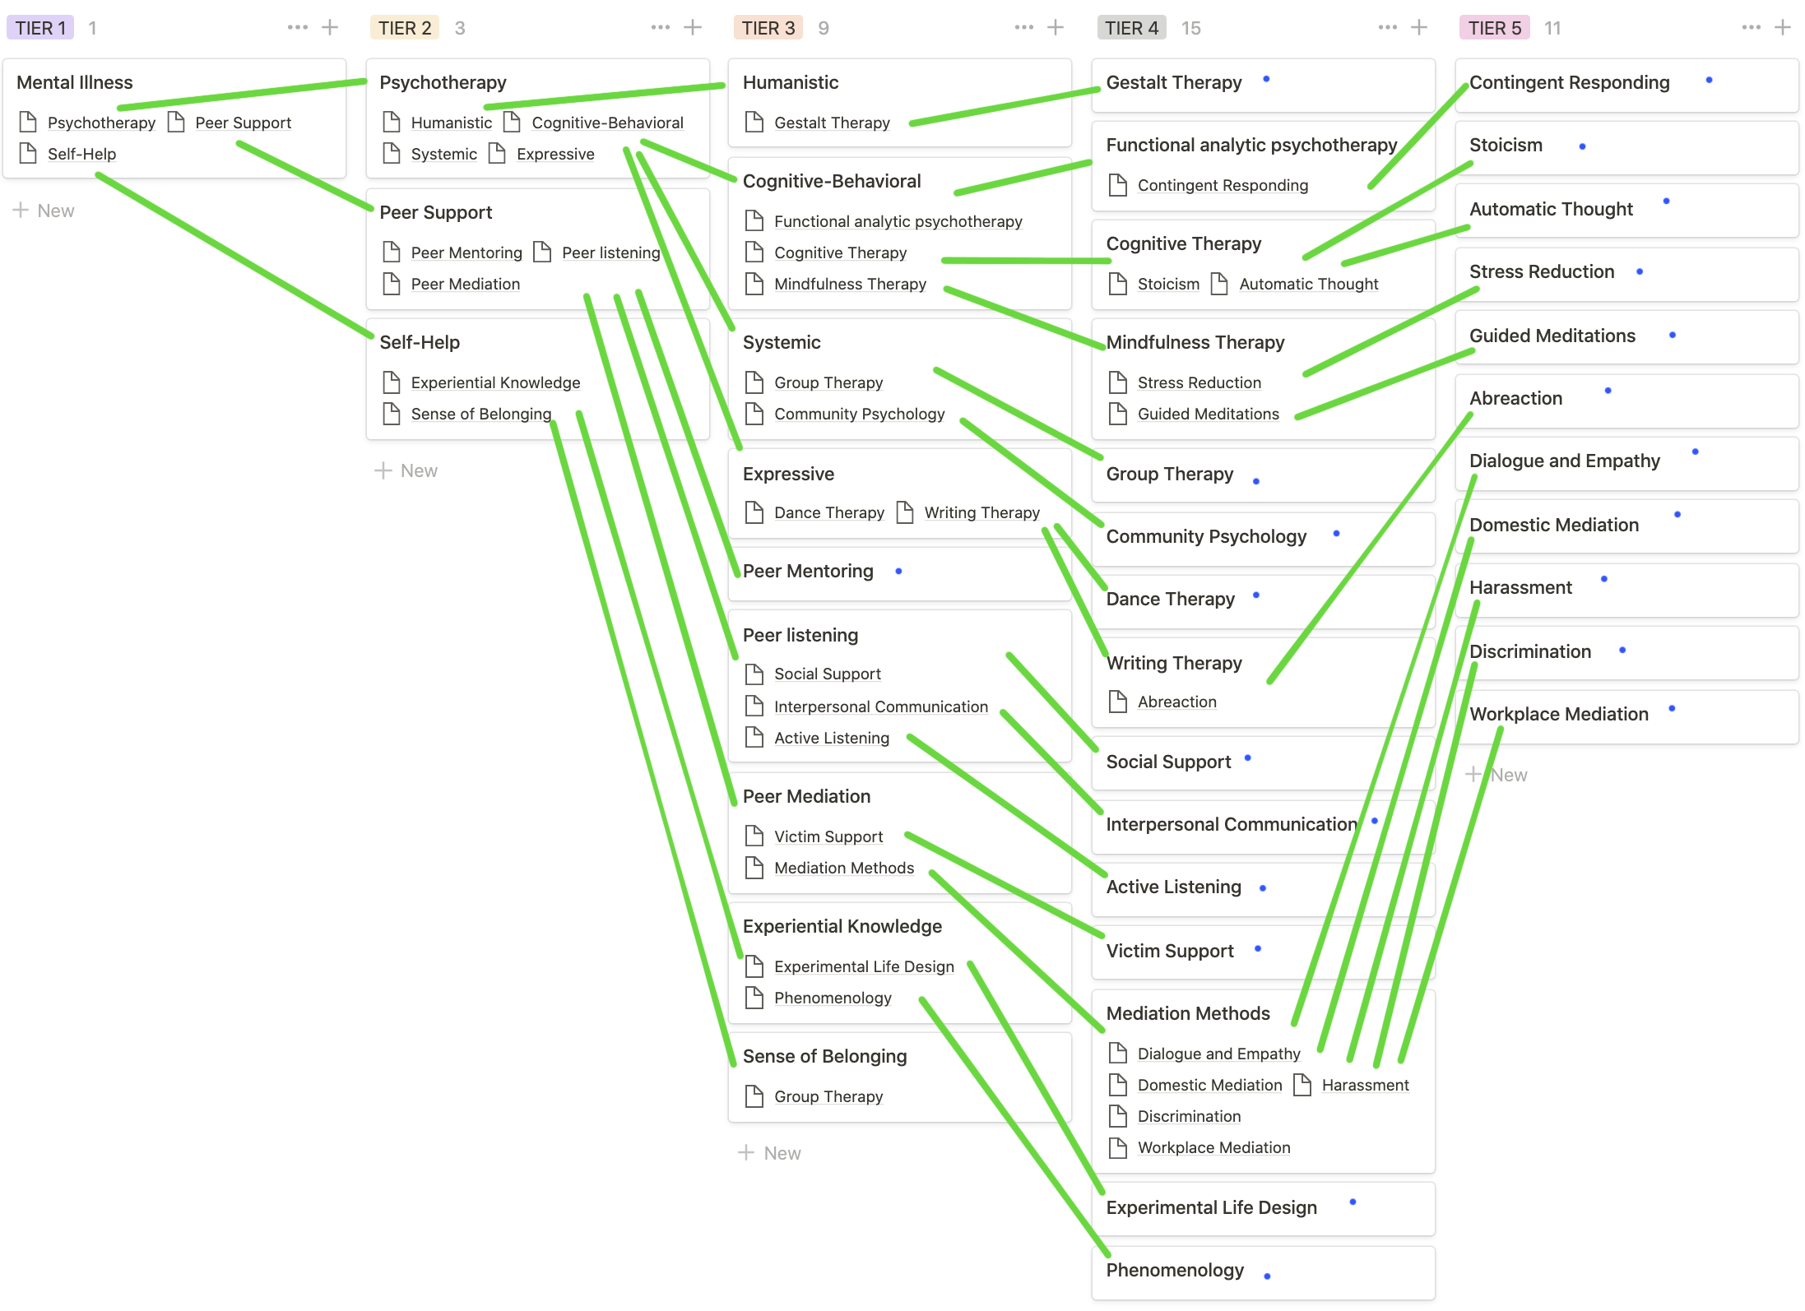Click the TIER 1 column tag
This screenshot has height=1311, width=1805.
[39, 28]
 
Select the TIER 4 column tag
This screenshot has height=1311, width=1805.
[1131, 28]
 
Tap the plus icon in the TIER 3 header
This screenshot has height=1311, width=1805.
[1056, 28]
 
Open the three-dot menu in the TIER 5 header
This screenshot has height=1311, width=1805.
[1751, 28]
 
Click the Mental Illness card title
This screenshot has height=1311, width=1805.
[75, 82]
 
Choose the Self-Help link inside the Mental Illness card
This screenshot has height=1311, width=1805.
[81, 154]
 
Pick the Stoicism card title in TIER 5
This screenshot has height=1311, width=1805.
[1506, 146]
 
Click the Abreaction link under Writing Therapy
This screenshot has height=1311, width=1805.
[1176, 702]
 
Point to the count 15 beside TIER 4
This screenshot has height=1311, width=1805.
[1190, 28]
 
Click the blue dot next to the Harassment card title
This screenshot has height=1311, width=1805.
[1604, 580]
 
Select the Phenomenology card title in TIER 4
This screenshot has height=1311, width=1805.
[1175, 1270]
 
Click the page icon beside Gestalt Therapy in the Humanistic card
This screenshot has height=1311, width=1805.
[754, 123]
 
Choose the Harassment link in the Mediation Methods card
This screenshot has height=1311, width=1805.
[1365, 1085]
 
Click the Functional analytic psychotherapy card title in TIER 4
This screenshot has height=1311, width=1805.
[1251, 146]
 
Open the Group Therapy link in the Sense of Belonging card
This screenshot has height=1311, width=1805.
[828, 1096]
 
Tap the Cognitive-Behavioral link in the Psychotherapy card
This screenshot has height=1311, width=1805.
[607, 123]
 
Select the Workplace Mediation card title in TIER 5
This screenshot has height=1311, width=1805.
[1559, 714]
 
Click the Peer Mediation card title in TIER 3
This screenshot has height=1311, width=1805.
[806, 796]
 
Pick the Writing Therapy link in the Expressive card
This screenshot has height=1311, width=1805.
[981, 512]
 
